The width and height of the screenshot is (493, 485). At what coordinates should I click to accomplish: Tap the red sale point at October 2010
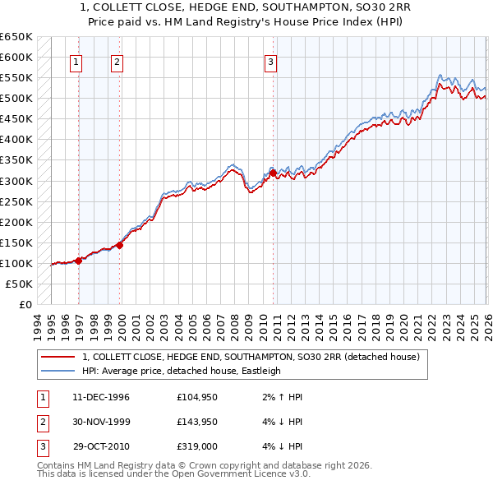tap(273, 173)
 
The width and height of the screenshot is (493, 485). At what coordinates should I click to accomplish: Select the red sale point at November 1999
tap(120, 244)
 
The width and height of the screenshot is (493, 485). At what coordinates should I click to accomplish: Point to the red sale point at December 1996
tap(79, 261)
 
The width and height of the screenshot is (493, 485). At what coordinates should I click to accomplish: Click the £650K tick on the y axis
tap(16, 37)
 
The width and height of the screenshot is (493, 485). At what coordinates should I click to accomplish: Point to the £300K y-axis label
tap(16, 181)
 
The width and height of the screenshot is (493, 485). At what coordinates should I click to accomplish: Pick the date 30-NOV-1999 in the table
tap(101, 422)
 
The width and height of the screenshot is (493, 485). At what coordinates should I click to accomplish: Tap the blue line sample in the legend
tap(58, 371)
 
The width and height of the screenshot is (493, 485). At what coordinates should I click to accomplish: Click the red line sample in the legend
tap(58, 357)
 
